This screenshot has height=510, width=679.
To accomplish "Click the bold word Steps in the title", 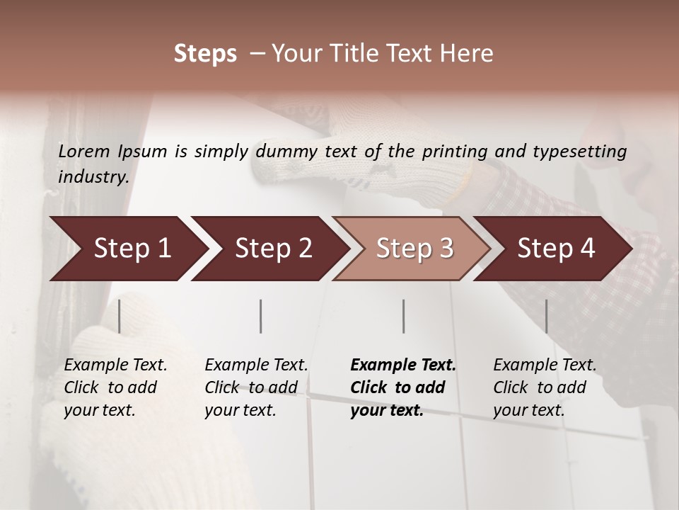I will [x=205, y=54].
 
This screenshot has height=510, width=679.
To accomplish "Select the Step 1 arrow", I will [x=127, y=249].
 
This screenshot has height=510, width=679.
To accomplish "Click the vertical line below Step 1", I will [x=120, y=316].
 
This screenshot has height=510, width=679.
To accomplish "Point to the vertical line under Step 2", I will [x=261, y=316].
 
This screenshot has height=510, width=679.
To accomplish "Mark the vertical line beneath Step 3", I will [x=404, y=316].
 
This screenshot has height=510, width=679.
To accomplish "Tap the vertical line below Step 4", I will [x=546, y=316].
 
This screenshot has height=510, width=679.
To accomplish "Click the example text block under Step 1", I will [x=115, y=387].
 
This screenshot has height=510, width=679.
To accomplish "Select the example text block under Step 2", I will [x=256, y=387].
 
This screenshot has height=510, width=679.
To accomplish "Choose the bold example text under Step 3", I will [x=402, y=387].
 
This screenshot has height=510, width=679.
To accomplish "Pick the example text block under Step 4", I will [x=544, y=387].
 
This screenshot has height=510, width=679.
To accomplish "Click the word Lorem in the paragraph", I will [x=84, y=151].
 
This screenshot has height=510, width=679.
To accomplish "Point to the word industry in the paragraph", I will [x=93, y=177].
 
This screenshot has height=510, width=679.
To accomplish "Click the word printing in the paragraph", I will [x=457, y=152].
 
